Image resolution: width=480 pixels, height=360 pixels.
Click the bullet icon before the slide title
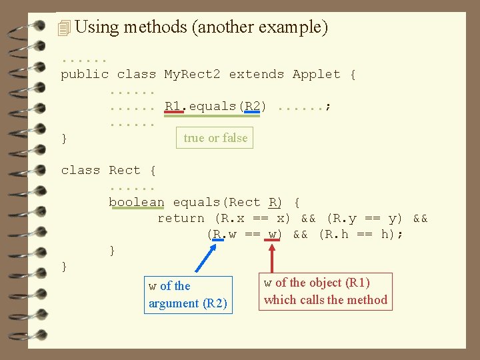(64, 28)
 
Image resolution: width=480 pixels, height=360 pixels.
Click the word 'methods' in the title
(155, 27)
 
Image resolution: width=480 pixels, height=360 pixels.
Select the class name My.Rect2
(192, 74)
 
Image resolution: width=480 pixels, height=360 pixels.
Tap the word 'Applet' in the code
(316, 74)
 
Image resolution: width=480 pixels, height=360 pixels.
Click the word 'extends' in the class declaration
(256, 74)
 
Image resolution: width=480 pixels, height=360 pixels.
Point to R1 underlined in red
(172, 106)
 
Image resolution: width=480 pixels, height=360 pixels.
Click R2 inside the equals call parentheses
(252, 106)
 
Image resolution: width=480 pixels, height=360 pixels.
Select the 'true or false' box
(215, 138)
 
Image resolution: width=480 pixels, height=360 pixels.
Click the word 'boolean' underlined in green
(136, 202)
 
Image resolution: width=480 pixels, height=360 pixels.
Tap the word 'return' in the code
(181, 218)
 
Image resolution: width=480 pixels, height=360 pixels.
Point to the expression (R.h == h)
(361, 234)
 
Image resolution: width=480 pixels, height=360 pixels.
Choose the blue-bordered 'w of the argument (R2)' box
(188, 295)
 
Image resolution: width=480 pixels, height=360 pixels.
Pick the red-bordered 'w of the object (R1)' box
(325, 291)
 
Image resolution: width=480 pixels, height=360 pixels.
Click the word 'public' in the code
(85, 74)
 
